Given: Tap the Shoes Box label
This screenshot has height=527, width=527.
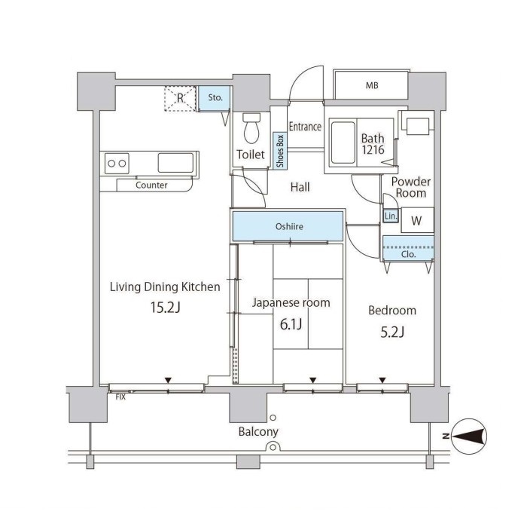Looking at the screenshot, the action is click(x=280, y=151).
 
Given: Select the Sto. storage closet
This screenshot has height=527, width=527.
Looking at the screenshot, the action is click(x=214, y=98).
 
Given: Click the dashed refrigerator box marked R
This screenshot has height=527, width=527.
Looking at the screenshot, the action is click(x=180, y=98).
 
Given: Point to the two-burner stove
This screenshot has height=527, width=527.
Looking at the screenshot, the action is click(x=117, y=164).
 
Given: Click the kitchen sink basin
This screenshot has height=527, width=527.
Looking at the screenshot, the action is click(x=175, y=163).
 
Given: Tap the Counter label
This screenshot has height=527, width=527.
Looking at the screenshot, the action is click(x=151, y=185).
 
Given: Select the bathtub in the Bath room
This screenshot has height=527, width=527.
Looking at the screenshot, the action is click(x=343, y=143).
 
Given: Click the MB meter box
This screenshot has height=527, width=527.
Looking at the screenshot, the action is click(x=371, y=84).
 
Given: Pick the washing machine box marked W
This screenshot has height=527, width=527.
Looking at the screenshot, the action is click(x=417, y=220).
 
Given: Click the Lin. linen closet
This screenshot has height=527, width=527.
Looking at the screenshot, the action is click(x=391, y=216).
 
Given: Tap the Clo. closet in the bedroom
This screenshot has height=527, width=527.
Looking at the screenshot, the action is click(x=408, y=248).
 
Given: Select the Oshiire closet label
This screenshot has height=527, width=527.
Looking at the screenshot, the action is click(x=289, y=226).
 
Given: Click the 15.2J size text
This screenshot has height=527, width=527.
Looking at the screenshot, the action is click(x=166, y=308).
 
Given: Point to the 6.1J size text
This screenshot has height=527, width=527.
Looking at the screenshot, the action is click(x=291, y=324).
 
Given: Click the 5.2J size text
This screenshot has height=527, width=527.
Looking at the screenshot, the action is click(x=392, y=332).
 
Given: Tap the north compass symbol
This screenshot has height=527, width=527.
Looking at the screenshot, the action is click(x=469, y=436).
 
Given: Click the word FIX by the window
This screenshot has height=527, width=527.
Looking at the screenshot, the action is click(x=120, y=397).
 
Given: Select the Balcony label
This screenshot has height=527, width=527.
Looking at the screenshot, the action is click(x=258, y=432).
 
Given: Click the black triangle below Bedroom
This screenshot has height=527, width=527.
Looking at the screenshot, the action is click(x=382, y=380).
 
